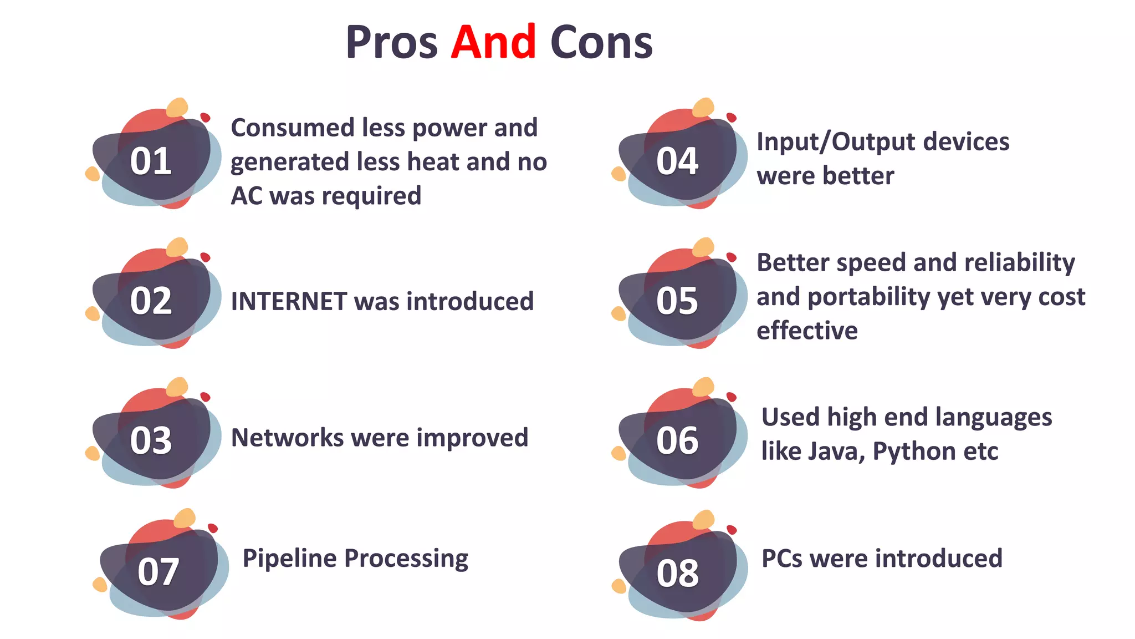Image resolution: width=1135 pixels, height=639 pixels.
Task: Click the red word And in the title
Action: [493, 42]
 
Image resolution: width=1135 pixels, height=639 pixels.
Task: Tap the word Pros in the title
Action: [391, 42]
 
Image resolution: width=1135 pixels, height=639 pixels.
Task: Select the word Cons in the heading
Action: [601, 42]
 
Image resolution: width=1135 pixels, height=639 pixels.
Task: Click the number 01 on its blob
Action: [151, 161]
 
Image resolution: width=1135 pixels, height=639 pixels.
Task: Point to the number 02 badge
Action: [151, 301]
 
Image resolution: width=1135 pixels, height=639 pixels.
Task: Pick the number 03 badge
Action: [151, 441]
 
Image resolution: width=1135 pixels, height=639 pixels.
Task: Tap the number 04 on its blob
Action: [677, 161]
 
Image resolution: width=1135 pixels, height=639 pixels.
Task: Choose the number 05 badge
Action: [677, 301]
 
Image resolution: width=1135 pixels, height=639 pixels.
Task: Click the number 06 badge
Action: [677, 441]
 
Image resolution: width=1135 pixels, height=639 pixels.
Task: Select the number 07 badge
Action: [159, 572]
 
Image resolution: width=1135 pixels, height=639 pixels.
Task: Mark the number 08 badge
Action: [677, 573]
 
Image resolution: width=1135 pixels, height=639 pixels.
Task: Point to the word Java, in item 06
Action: [837, 452]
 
